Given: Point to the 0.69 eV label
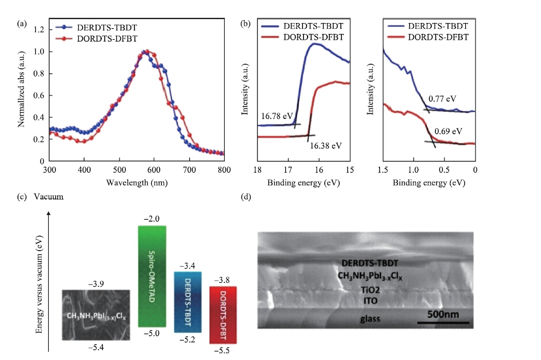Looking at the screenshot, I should [x=448, y=131].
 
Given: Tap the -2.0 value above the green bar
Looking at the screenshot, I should [x=152, y=219].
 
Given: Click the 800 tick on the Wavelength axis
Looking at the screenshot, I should [x=224, y=171].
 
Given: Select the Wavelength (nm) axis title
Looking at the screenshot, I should [x=136, y=182].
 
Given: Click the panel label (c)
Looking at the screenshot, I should [x=21, y=197].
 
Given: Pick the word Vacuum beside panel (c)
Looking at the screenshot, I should [x=48, y=197].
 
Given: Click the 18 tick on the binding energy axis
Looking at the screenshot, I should [x=257, y=171].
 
